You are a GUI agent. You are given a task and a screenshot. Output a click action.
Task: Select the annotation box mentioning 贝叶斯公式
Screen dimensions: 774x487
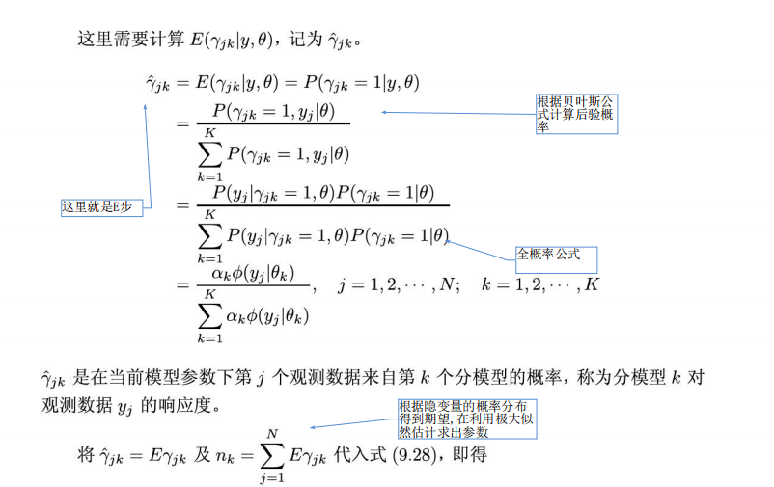[576, 114]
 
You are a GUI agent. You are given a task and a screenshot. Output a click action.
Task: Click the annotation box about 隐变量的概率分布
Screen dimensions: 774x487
[465, 419]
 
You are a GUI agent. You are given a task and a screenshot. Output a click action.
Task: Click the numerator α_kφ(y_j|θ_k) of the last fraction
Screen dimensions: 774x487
[253, 273]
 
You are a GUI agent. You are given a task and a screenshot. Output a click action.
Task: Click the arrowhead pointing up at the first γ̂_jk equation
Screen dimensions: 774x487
[146, 106]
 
